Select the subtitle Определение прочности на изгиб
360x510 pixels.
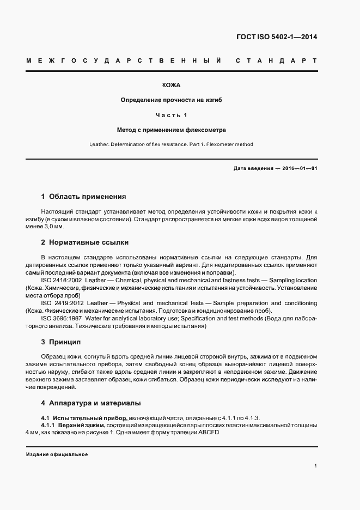[x=171, y=100]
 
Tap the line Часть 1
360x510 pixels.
[x=171, y=115]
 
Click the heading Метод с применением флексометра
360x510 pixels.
[x=171, y=130]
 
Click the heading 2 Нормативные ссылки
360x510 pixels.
[x=85, y=242]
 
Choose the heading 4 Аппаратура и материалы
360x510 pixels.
[x=91, y=403]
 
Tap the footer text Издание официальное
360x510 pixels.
[x=57, y=454]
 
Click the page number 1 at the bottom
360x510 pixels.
[x=315, y=466]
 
